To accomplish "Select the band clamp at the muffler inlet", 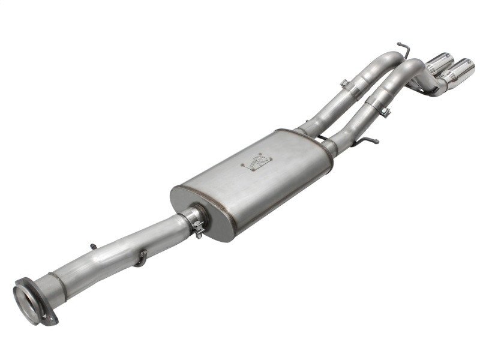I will coord(196,221).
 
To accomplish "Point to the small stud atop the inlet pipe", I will coord(92,246).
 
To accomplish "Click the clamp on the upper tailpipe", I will coord(350,89).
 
